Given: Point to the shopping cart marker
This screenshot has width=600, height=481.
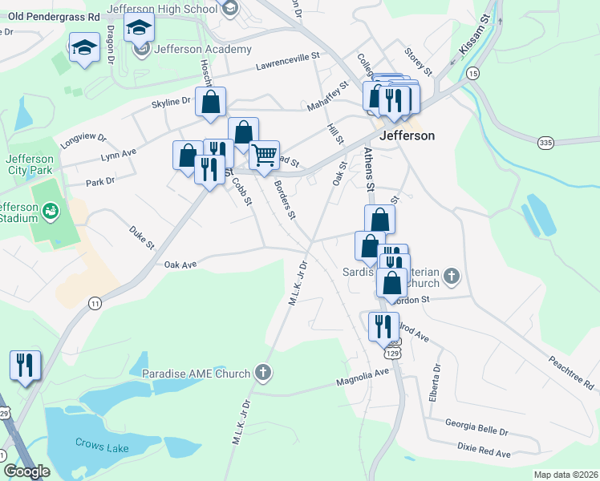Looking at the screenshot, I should coord(264,155).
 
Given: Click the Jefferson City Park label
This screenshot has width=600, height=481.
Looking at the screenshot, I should coord(30,164).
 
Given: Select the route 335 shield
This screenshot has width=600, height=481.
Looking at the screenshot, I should coord(546,143).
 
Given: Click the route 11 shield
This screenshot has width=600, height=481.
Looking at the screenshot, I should coord(95,303).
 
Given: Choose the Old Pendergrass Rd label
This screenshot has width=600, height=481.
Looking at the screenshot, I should coord(50,16).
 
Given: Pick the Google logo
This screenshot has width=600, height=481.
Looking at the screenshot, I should coord(26,471).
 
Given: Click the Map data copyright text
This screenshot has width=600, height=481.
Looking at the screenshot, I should coord(565,475).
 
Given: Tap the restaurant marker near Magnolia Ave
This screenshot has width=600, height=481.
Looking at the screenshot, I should coord(383,325).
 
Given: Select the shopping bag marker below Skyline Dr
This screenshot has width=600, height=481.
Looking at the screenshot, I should coord(210,102).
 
